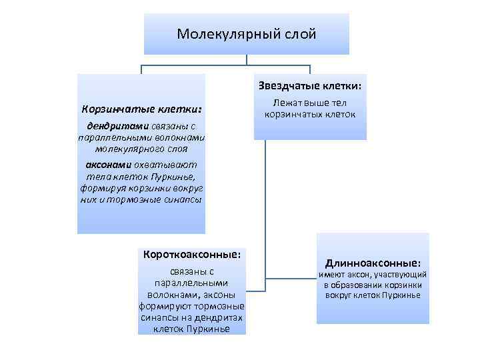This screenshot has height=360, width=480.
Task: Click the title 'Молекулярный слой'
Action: [246, 33]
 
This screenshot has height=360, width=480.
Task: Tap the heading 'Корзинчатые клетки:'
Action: [141, 108]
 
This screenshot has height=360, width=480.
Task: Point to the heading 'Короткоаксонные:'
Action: [192, 254]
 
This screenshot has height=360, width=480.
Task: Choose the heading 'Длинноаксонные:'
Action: [373, 263]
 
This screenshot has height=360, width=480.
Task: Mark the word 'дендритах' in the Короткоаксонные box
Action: [221, 317]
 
